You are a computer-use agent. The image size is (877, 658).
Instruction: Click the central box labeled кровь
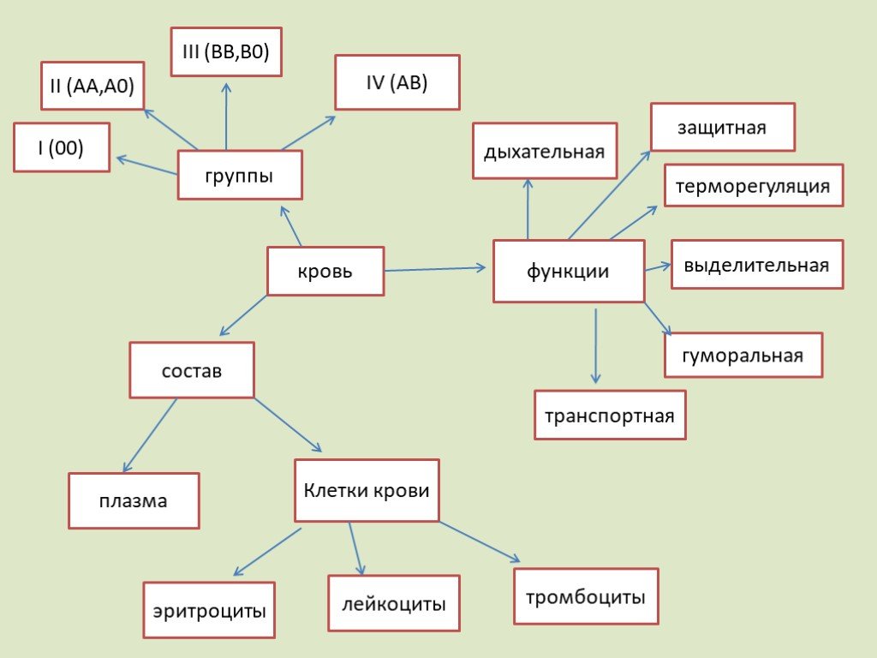[325, 271]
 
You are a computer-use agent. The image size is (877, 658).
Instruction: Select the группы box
[240, 175]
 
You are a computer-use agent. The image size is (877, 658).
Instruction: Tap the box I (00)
[62, 147]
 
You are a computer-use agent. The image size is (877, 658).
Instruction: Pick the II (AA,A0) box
[92, 85]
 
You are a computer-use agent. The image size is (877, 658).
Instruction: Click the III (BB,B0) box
[226, 51]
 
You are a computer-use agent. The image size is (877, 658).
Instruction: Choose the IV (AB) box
[397, 82]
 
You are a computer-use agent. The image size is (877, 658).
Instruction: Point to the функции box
[569, 271]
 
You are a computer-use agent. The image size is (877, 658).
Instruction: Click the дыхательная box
[545, 151]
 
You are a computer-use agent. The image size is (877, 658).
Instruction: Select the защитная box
[723, 127]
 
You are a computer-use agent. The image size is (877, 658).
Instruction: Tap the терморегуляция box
[754, 185]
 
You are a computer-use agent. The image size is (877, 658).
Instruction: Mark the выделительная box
[757, 264]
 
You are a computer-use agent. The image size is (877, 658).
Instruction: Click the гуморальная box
[743, 355]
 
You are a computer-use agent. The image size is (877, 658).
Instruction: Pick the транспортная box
[610, 415]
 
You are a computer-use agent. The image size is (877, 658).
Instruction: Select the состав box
[192, 370]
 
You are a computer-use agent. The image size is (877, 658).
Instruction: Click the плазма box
[134, 500]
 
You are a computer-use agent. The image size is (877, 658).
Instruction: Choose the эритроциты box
[209, 610]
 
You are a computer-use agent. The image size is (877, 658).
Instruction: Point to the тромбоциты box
[586, 596]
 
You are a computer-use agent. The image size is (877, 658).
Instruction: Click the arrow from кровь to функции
[435, 269]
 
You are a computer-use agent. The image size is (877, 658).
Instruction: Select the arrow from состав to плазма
[150, 435]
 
